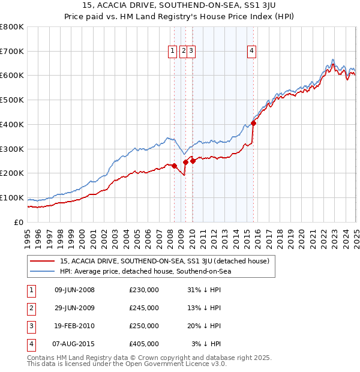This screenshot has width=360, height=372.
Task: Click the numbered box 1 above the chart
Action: coord(172,52)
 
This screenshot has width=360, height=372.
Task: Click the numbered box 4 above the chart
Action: coord(252,52)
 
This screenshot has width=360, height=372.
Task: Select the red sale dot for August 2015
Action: coord(253,123)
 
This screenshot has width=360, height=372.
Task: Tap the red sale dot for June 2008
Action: coord(174,166)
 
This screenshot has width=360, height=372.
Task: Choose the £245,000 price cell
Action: coord(143,308)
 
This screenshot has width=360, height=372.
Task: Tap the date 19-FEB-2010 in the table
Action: coord(74,326)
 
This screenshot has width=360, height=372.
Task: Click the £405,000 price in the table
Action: coord(143,344)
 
